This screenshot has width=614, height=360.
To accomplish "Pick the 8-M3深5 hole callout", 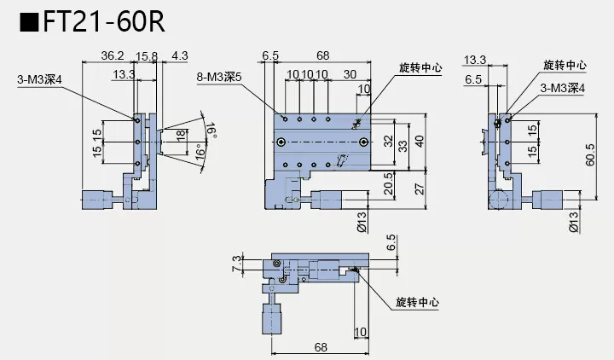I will coord(219,76).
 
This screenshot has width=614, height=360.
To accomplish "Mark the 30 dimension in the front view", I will coord(350,75).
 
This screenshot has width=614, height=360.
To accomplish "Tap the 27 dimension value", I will coord(418,189).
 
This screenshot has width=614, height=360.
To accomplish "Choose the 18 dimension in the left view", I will coord(180,136).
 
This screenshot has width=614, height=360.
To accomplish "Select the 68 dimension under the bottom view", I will coord(319,347).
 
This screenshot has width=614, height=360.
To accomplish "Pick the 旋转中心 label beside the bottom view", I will coord(418,302).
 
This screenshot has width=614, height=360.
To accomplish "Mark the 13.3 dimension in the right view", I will coord(475,60).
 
